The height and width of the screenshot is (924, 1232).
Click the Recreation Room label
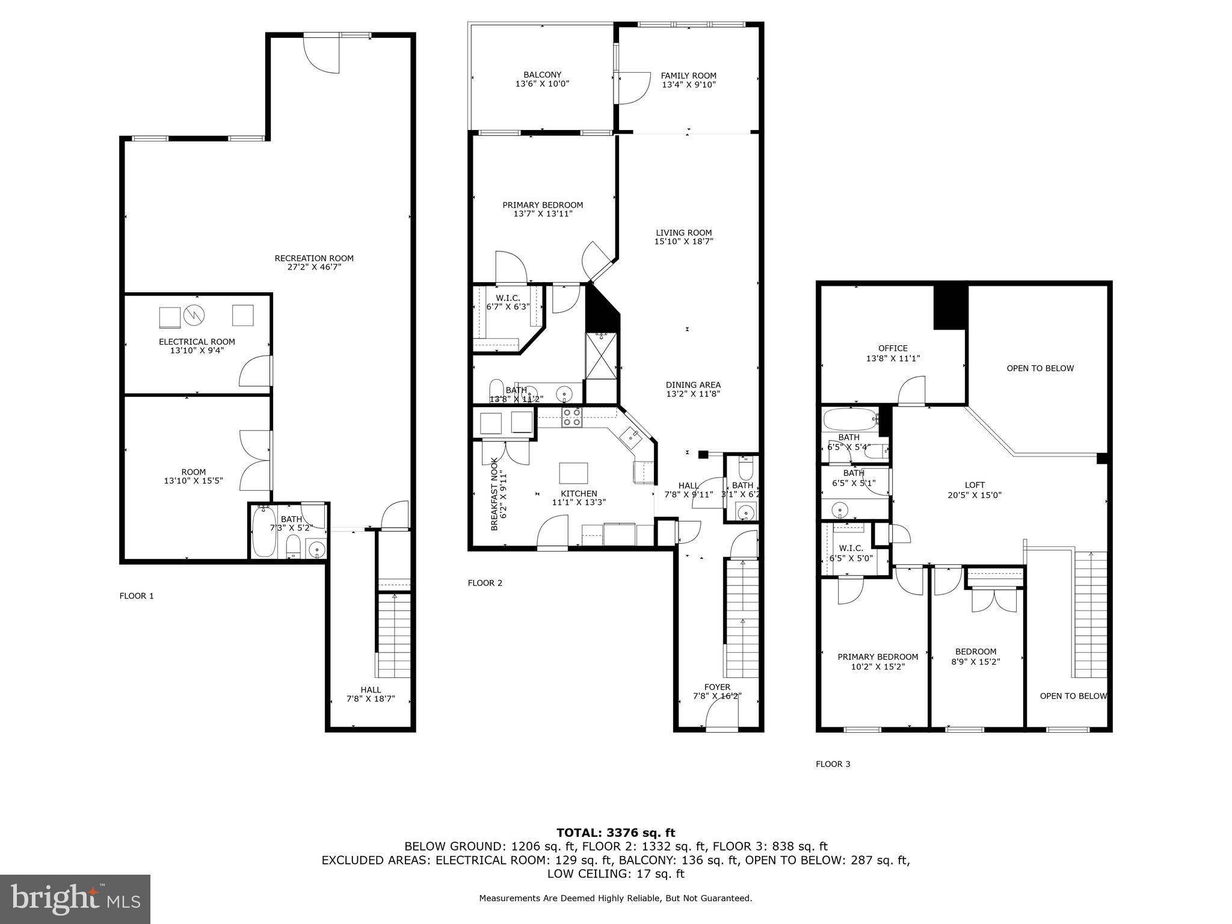(x=313, y=259)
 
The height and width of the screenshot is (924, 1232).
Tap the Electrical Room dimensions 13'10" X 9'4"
(x=197, y=350)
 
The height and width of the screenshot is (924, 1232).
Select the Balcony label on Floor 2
(x=542, y=75)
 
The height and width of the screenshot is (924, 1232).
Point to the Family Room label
(x=688, y=76)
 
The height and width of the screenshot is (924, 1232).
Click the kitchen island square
(x=573, y=473)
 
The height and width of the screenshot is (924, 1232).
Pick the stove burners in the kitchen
(x=571, y=417)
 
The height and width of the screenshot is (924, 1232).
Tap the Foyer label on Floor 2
(x=717, y=687)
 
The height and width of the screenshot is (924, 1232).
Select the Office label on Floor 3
(x=893, y=348)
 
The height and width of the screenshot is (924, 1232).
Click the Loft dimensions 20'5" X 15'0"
(x=975, y=495)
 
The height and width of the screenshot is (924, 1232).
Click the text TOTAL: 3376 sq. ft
(x=615, y=833)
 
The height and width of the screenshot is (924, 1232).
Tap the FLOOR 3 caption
(x=833, y=764)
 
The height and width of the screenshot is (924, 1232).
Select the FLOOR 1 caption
(x=137, y=596)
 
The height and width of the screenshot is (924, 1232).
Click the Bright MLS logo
(x=75, y=899)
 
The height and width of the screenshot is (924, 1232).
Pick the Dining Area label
(x=693, y=385)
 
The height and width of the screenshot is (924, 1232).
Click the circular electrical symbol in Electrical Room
(x=195, y=315)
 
